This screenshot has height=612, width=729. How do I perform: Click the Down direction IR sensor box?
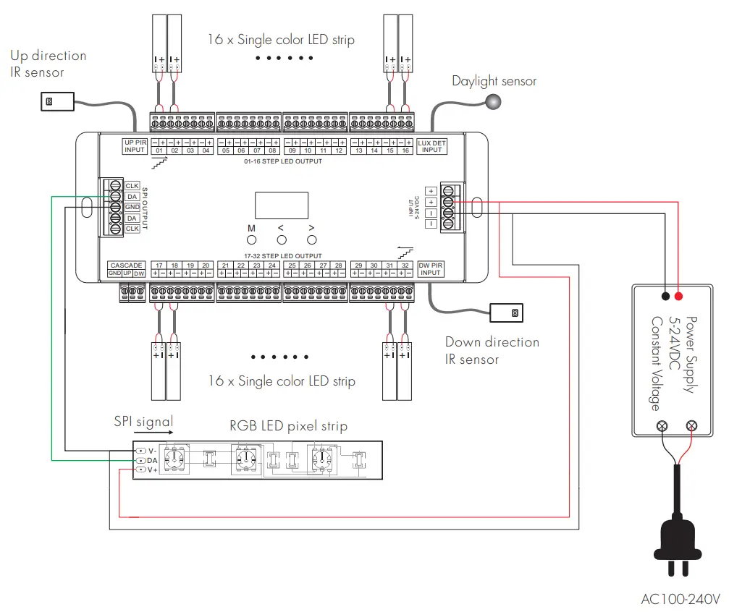(x=506, y=313)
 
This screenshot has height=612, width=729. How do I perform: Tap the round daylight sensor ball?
(x=494, y=103)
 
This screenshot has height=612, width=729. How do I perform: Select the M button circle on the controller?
(x=252, y=239)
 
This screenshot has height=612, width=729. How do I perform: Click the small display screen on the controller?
(x=281, y=205)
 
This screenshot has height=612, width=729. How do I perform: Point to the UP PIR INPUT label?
(x=135, y=146)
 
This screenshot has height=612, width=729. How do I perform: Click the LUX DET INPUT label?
(x=431, y=146)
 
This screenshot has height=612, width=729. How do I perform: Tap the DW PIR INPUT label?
(x=431, y=269)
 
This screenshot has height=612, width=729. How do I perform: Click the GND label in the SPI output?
(x=132, y=207)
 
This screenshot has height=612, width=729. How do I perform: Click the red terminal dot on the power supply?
(x=678, y=296)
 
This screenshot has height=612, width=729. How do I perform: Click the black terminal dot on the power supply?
(x=665, y=296)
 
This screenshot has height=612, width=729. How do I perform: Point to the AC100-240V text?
(x=680, y=599)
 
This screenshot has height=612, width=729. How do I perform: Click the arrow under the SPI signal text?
(x=153, y=433)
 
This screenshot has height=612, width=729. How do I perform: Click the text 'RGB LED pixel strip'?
(x=288, y=426)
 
